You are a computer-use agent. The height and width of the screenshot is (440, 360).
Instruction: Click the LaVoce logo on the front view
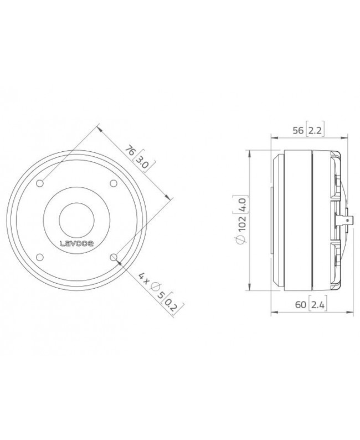coord(77,243)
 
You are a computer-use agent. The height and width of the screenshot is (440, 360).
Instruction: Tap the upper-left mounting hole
coord(40,183)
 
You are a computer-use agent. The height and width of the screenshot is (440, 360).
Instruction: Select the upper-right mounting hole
coord(114,183)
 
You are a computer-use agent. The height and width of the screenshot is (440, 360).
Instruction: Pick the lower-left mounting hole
coord(40,257)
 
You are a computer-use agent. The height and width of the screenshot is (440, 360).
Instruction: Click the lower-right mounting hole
coord(114,257)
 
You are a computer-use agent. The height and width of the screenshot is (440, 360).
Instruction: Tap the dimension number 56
coord(299,130)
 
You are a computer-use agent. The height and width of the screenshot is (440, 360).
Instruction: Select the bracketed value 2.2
coord(315,130)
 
